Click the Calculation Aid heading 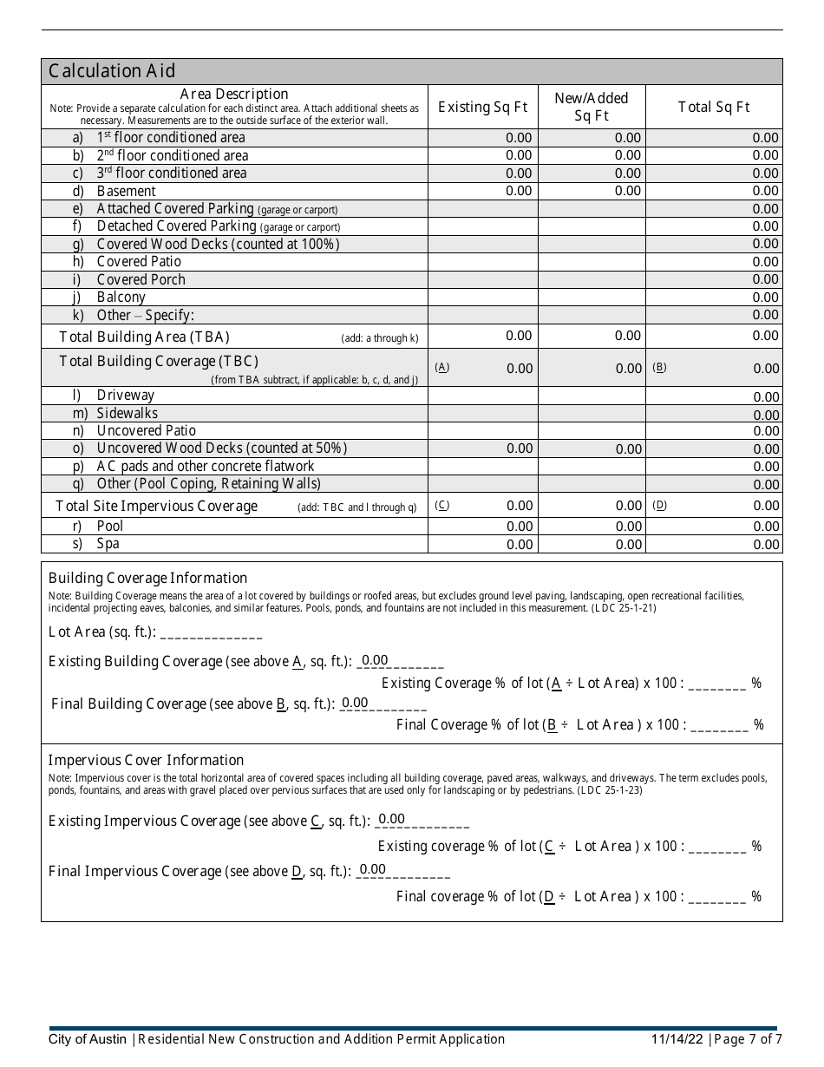(112, 71)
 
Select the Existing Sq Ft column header (482, 107)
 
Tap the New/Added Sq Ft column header (592, 107)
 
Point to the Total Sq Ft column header (714, 107)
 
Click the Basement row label (126, 191)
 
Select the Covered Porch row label (141, 279)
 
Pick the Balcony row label (121, 297)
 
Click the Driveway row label (125, 396)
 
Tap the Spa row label (108, 544)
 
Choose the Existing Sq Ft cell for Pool (483, 527)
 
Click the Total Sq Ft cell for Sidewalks (714, 415)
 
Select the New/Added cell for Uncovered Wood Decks (592, 448)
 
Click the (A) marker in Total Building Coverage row (442, 367)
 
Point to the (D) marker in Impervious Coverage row (660, 505)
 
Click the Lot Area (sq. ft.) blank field (211, 632)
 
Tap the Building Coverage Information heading (147, 578)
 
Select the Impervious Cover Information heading (146, 760)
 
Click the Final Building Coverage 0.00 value (355, 703)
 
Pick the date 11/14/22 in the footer (677, 1039)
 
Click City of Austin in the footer (88, 1039)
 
